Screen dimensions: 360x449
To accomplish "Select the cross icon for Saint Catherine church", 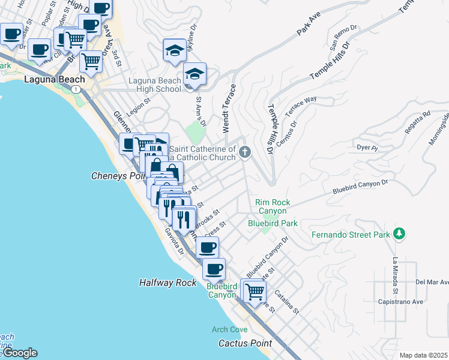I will (244, 152).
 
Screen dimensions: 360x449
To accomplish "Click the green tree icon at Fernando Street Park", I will (399, 234).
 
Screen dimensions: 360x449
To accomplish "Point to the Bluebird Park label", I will (273, 223).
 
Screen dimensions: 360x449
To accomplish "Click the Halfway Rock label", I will (167, 282).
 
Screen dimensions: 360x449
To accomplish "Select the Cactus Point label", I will (245, 344).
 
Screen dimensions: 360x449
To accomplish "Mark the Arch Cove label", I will (229, 329).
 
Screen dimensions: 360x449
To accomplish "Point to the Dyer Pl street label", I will (367, 147).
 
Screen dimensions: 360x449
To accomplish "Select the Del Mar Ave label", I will (432, 282).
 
